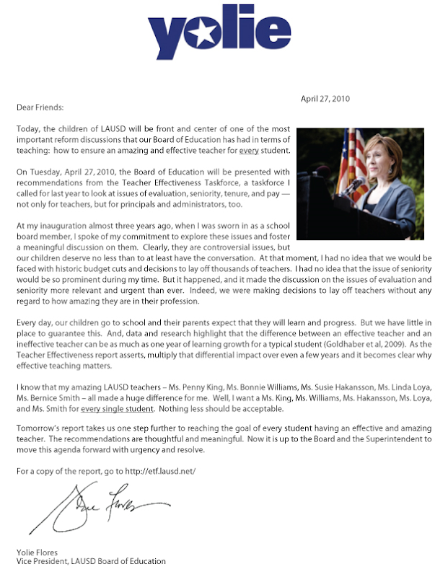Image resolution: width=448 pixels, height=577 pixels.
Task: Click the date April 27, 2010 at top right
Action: pyautogui.click(x=325, y=99)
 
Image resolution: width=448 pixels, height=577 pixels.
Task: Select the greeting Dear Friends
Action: pyautogui.click(x=40, y=107)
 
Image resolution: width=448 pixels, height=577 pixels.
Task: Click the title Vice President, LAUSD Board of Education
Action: pyautogui.click(x=91, y=562)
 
